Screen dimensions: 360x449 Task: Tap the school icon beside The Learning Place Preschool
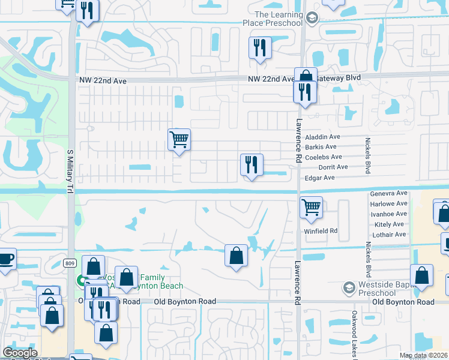click(312, 19)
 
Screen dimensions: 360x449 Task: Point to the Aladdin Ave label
click(323, 137)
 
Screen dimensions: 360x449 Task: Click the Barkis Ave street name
click(321, 147)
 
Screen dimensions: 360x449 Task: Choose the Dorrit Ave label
click(333, 167)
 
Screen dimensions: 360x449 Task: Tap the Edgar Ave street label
click(321, 178)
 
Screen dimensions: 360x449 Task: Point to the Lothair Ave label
click(389, 234)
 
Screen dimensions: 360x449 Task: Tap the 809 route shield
click(71, 262)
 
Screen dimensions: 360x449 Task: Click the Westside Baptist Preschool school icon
click(347, 288)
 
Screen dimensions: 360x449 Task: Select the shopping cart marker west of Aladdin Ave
click(179, 140)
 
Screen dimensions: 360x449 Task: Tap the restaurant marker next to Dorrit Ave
click(251, 165)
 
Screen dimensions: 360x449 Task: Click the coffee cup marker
click(5, 259)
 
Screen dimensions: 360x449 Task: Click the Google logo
click(20, 353)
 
